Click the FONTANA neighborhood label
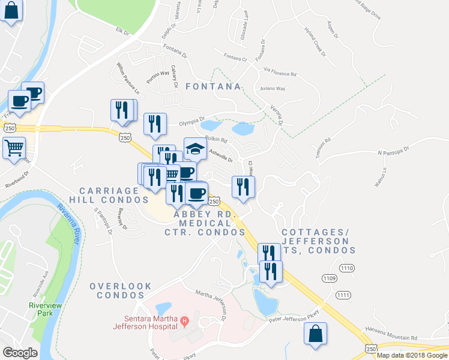tap(213, 86)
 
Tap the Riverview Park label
tap(46, 309)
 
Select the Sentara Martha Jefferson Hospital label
tap(142, 322)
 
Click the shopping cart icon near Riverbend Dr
tap(14, 146)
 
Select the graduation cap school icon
tap(194, 149)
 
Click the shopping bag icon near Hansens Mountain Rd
tap(315, 334)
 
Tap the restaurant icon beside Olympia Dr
tap(155, 124)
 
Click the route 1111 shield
tap(343, 295)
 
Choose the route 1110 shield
tap(347, 267)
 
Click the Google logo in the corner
tap(20, 352)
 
